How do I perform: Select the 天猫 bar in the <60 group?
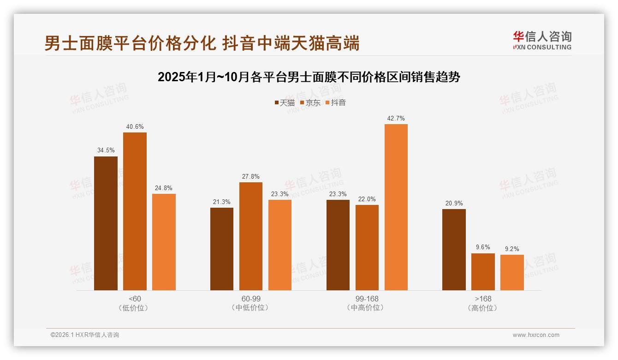click(x=106, y=223)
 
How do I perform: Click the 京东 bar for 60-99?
click(x=250, y=236)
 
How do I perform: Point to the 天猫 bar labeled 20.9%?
click(x=454, y=250)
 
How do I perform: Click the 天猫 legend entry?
click(x=285, y=102)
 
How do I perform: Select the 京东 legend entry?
click(x=310, y=102)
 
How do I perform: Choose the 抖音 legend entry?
click(x=336, y=102)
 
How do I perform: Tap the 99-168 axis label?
click(x=367, y=299)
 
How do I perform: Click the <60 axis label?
click(x=135, y=299)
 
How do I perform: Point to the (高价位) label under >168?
click(x=483, y=308)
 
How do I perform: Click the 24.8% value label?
click(x=164, y=188)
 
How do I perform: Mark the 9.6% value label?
click(x=483, y=247)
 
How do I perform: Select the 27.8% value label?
click(x=250, y=176)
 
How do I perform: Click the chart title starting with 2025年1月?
click(x=309, y=77)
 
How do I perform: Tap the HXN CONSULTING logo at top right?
click(x=542, y=41)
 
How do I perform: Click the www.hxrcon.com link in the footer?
click(x=536, y=335)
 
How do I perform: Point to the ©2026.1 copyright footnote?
click(x=85, y=335)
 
